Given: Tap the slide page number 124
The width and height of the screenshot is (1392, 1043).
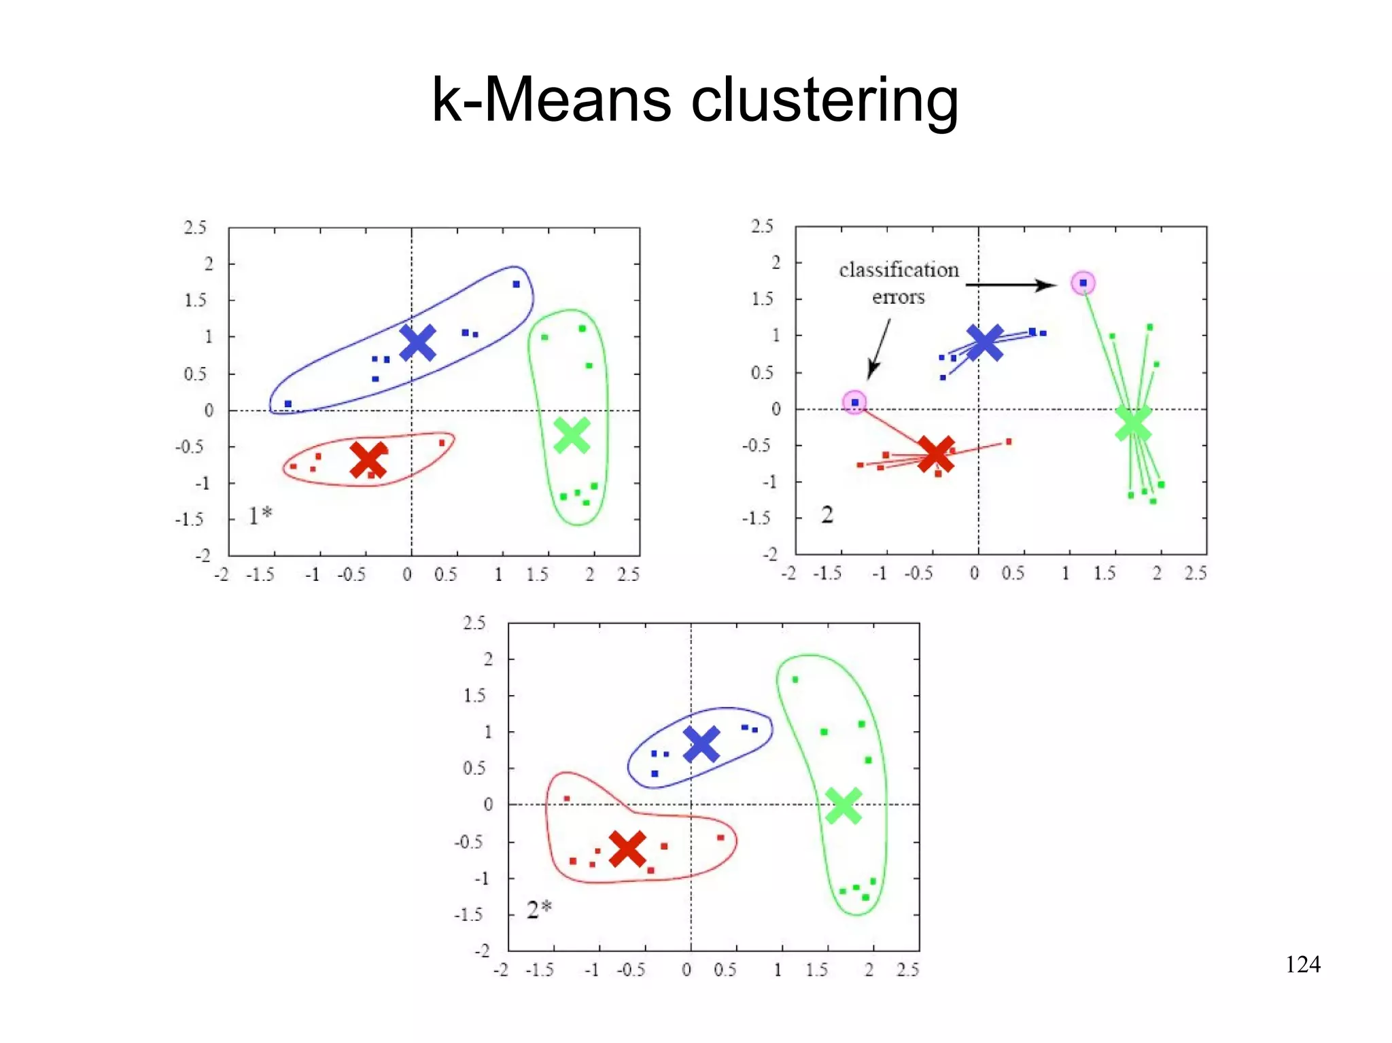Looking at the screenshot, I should tap(1302, 964).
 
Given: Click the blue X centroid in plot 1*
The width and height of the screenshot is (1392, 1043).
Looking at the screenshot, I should tap(417, 342).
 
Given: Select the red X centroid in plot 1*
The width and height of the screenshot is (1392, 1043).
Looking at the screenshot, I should tap(368, 460).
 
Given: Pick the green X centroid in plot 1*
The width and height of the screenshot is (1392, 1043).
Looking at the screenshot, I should tap(572, 435).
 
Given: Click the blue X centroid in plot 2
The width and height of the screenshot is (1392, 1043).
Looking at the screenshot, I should tap(984, 342).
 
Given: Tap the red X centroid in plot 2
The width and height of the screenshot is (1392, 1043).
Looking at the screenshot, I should tap(936, 454).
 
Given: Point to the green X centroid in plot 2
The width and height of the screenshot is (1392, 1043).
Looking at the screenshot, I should tap(1133, 423).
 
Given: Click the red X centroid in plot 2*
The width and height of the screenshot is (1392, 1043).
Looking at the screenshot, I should tap(627, 848).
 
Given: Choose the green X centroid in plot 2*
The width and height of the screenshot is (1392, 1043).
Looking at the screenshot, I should tap(843, 806).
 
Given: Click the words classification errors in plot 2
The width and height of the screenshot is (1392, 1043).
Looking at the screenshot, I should tap(899, 283).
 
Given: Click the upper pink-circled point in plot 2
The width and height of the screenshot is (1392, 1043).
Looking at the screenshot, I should tap(1083, 283).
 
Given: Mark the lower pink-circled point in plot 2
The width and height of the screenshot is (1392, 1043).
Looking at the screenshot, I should tap(854, 402).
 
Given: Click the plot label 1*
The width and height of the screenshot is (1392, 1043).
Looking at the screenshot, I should tap(260, 516).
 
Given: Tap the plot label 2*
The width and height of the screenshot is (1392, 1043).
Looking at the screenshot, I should tap(539, 909).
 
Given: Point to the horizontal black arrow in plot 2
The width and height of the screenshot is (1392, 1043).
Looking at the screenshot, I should tap(1010, 285).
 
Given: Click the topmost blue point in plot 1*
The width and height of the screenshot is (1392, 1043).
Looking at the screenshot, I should tap(516, 284).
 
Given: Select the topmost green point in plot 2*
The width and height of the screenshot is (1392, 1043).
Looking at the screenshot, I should tap(795, 679).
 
